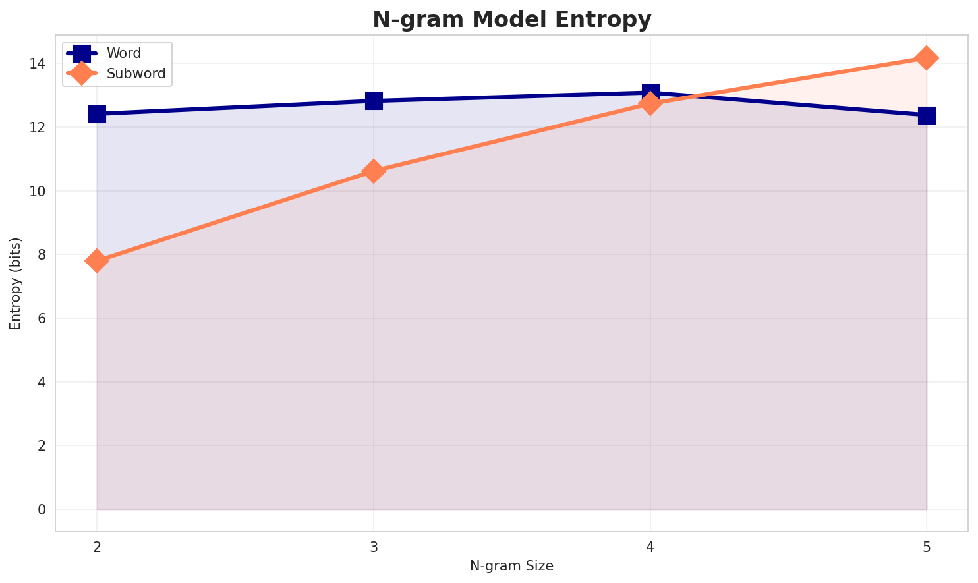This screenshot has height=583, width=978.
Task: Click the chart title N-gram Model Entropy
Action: (511, 20)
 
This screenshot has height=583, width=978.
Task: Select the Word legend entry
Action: (124, 53)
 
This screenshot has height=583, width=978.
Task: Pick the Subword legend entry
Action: (136, 74)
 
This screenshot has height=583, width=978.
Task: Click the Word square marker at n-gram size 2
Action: (97, 114)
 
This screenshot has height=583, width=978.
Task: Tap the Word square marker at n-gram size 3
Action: (374, 101)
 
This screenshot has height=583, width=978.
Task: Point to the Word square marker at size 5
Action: (927, 115)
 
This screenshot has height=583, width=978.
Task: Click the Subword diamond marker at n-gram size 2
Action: (97, 261)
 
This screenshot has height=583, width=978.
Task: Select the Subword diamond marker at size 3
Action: (374, 171)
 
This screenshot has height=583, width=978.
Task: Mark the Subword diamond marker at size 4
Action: (650, 104)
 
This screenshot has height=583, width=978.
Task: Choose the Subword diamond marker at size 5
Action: (927, 58)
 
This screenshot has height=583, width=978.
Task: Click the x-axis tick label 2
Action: (97, 547)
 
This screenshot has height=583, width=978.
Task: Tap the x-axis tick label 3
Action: (374, 547)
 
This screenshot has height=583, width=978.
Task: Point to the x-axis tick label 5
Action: (927, 547)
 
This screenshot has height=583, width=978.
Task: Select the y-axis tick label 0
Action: (42, 510)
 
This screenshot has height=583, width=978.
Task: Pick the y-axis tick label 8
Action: (42, 255)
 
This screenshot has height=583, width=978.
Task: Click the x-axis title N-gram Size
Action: (511, 566)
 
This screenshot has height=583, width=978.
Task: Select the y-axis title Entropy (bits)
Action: (15, 283)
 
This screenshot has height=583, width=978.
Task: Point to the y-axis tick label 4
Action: (42, 382)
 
